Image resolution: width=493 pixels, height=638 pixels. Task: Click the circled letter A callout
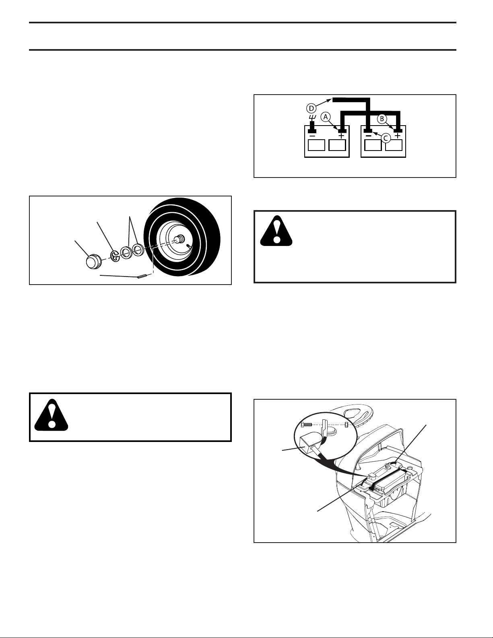pyautogui.click(x=325, y=117)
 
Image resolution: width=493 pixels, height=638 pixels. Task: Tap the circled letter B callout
pyautogui.click(x=382, y=119)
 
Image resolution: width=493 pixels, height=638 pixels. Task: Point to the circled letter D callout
pyautogui.click(x=311, y=109)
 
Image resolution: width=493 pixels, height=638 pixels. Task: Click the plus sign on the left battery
pyautogui.click(x=341, y=136)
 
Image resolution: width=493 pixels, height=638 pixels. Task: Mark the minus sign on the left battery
pyautogui.click(x=312, y=136)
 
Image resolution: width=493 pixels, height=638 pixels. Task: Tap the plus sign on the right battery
pyautogui.click(x=398, y=136)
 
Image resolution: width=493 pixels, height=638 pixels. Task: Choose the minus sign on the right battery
pyautogui.click(x=369, y=136)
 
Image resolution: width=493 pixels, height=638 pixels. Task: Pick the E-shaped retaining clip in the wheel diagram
pyautogui.click(x=116, y=256)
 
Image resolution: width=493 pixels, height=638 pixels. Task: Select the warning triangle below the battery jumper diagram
pyautogui.click(x=276, y=231)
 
